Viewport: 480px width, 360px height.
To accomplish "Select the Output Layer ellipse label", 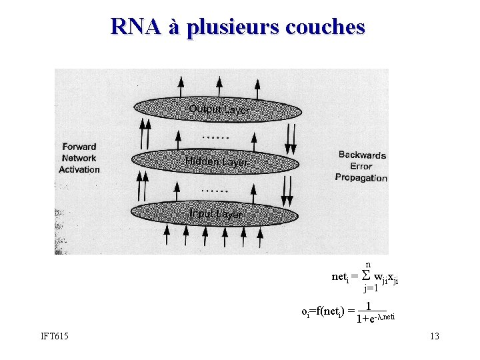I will click(x=219, y=109).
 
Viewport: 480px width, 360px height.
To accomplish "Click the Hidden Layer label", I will click(x=216, y=162).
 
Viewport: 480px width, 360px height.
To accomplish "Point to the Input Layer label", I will click(x=215, y=213).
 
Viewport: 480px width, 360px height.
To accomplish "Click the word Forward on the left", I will click(x=79, y=147).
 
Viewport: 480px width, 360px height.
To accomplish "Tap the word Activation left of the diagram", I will click(x=79, y=169).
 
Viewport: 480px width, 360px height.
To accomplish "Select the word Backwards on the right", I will click(x=362, y=155).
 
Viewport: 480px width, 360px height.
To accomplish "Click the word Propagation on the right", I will click(x=361, y=177).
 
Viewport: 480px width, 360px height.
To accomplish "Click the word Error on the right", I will click(x=361, y=166).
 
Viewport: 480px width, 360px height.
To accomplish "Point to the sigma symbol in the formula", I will click(x=365, y=275).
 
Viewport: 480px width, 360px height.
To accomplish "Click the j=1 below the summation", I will click(x=371, y=289).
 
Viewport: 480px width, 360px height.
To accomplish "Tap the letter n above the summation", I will click(x=367, y=265).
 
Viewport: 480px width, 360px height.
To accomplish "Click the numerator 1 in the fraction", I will click(x=369, y=306).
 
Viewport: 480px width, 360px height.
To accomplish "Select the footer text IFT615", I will click(x=55, y=336).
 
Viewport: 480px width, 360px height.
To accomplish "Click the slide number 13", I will click(x=435, y=336).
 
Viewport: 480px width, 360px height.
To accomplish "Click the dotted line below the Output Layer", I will click(x=215, y=137).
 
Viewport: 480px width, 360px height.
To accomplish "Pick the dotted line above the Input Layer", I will click(x=215, y=191).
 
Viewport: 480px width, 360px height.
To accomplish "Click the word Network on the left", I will click(x=79, y=158).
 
